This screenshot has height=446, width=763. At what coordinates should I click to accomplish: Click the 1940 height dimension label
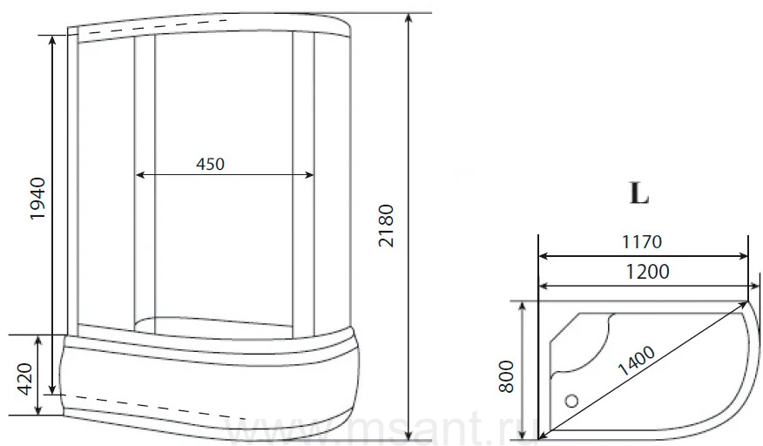click(x=37, y=199)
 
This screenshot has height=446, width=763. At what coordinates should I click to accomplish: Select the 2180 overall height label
click(x=386, y=226)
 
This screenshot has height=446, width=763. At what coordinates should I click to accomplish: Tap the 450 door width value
click(x=210, y=164)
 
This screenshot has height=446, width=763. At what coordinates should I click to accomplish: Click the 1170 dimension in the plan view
click(x=642, y=241)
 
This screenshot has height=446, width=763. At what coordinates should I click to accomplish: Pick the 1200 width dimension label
click(x=647, y=271)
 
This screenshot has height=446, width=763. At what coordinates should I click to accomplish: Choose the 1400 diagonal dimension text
click(x=637, y=362)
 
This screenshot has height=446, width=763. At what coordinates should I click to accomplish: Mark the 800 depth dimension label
click(x=506, y=376)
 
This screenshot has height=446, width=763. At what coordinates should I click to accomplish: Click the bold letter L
click(x=639, y=193)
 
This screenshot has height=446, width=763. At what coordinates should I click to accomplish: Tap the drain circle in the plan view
click(x=571, y=401)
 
